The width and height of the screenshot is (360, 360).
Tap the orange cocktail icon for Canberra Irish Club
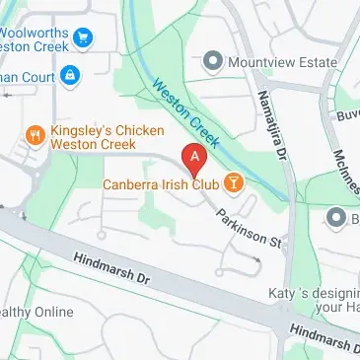coord(234,181)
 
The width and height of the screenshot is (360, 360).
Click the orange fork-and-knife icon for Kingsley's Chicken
coord(35,133)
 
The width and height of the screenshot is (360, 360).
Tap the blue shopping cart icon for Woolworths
coord(84,38)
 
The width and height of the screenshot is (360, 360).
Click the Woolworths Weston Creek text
coord(35,29)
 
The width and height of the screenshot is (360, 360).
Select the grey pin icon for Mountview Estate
coord(211,62)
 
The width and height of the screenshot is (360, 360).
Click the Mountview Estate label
coord(281,62)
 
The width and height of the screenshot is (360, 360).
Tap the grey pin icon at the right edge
coord(337,217)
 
